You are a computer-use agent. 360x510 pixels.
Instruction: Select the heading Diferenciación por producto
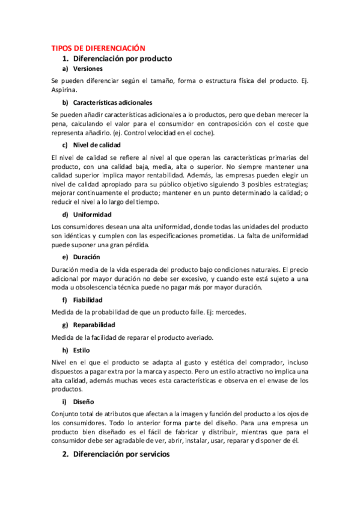[x=122, y=58]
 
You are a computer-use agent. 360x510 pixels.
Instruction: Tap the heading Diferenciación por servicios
[x=121, y=455]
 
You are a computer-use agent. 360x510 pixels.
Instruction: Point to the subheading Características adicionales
[x=112, y=102]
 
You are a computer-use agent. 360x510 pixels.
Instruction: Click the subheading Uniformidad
[x=93, y=214]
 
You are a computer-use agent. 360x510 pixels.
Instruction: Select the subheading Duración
[x=90, y=257]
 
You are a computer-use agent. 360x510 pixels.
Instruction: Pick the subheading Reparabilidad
[x=96, y=325]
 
